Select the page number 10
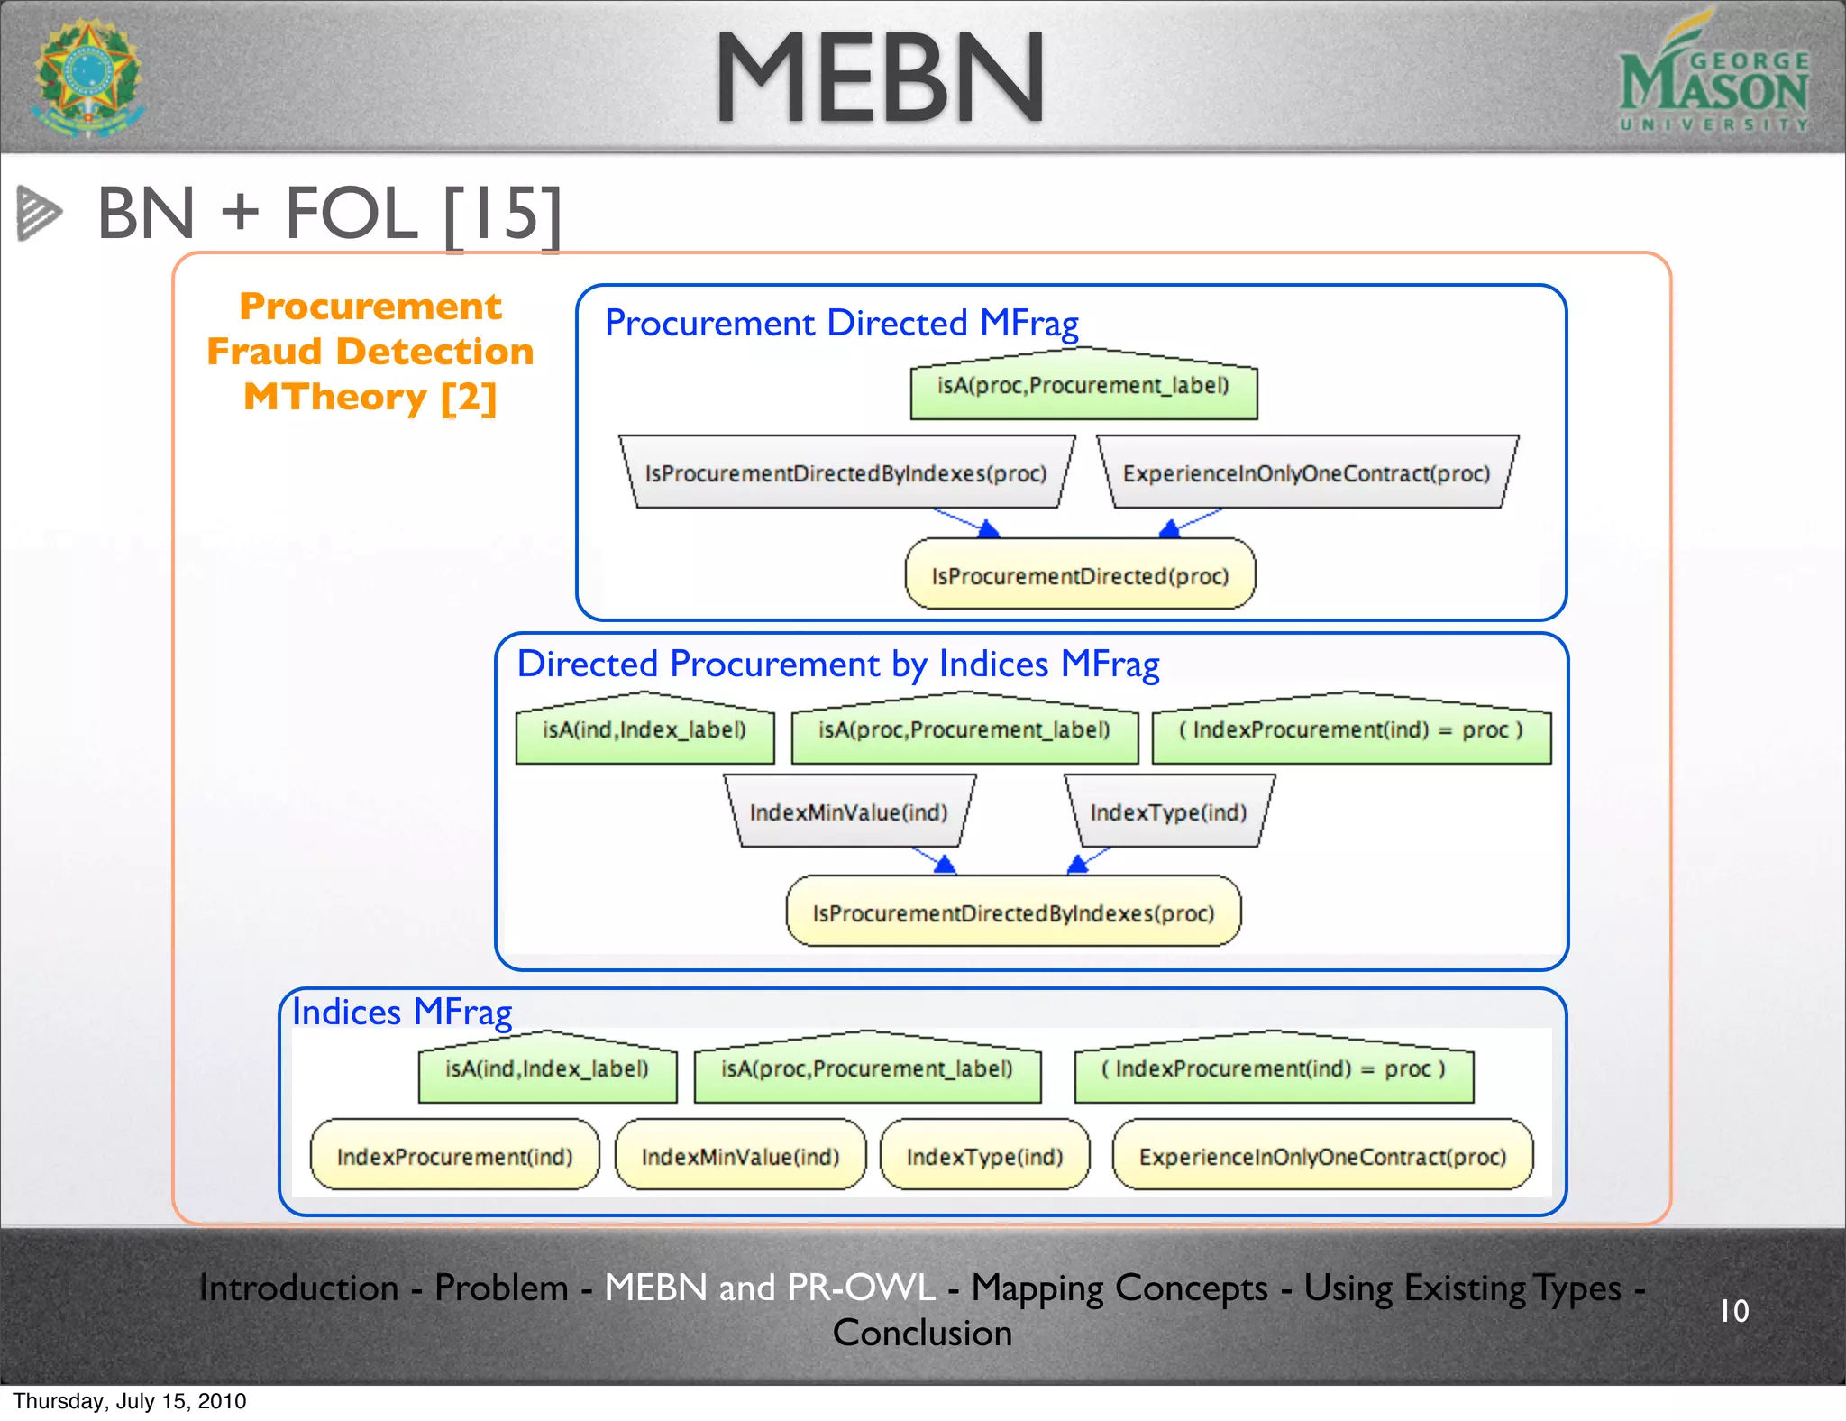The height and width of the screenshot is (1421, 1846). click(x=1733, y=1310)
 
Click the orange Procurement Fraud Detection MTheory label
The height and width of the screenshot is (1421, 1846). click(x=370, y=352)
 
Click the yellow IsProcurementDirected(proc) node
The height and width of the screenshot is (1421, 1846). click(x=1080, y=575)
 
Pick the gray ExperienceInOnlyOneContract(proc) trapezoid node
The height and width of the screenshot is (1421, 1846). click(x=1306, y=473)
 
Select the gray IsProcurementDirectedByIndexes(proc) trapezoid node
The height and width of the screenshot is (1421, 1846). click(x=845, y=473)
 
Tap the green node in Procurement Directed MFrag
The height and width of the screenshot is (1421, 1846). click(x=1083, y=386)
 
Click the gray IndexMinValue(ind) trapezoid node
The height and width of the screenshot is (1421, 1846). click(x=848, y=812)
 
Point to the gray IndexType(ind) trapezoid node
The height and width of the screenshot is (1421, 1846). click(x=1168, y=812)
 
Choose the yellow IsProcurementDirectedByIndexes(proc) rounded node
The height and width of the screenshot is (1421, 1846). click(x=1013, y=912)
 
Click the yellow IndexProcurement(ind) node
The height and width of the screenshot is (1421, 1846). click(x=454, y=1156)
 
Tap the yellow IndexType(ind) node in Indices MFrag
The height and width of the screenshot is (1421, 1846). click(x=984, y=1156)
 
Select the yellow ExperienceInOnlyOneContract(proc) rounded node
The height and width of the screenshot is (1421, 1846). click(x=1322, y=1156)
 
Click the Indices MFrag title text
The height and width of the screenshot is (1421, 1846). click(x=402, y=1012)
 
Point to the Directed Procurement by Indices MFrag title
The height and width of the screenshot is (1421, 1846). click(x=837, y=664)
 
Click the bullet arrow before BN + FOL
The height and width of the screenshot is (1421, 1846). click(x=39, y=214)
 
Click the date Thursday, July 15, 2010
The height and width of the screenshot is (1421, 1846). click(x=129, y=1401)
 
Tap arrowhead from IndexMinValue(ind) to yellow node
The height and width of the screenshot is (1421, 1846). click(x=944, y=865)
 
